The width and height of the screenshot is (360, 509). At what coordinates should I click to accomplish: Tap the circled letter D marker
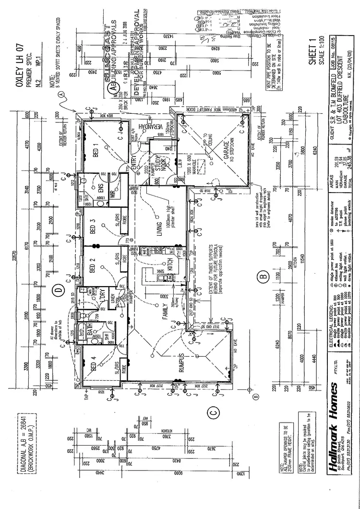pyautogui.click(x=59, y=289)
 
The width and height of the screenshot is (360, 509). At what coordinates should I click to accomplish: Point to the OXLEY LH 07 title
pyautogui.click(x=20, y=52)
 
